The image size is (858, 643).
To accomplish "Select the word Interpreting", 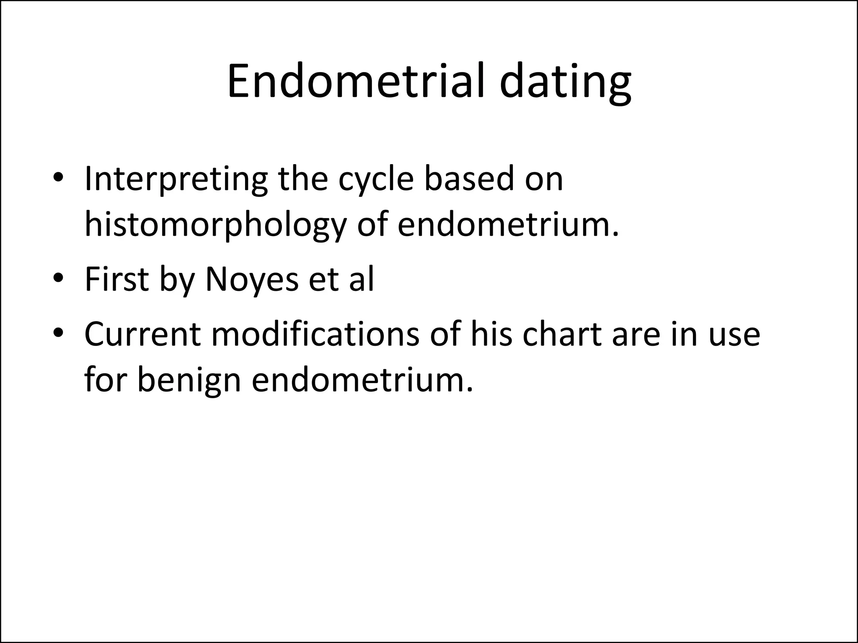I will point(176,179).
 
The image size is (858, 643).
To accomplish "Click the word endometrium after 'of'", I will point(507,224).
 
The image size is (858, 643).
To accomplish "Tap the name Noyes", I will point(252,280).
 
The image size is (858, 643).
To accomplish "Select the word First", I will point(116,279).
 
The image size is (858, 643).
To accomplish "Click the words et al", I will point(341,280).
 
